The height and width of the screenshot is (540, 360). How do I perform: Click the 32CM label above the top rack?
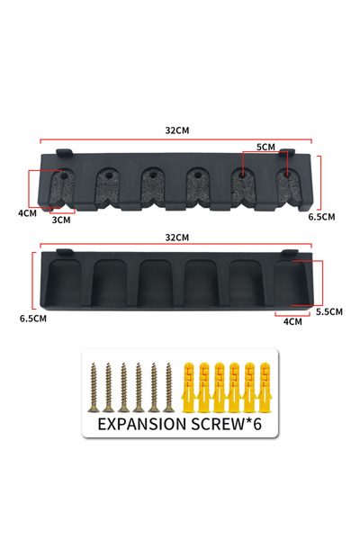tap(177, 130)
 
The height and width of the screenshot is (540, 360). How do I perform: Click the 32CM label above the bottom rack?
tap(177, 238)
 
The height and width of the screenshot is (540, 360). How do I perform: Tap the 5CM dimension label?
tap(265, 147)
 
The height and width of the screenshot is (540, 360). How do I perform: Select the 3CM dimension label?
tap(61, 220)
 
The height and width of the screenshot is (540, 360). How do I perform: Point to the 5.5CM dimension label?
tap(329, 311)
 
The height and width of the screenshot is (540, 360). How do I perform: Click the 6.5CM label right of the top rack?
tap(321, 217)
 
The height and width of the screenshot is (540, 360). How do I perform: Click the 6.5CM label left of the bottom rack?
tap(33, 319)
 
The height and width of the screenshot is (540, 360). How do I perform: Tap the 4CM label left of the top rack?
tap(28, 213)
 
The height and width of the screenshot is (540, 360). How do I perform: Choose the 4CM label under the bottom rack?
tap(292, 321)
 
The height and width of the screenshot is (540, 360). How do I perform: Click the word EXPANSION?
tap(142, 424)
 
